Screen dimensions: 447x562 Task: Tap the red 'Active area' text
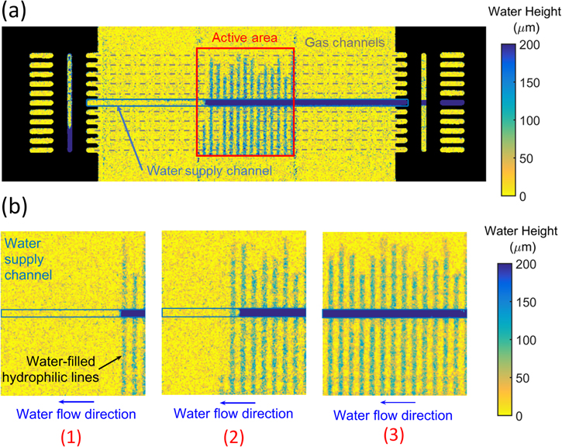pyautogui.click(x=244, y=37)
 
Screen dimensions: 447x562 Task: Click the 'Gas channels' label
pyautogui.click(x=344, y=41)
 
